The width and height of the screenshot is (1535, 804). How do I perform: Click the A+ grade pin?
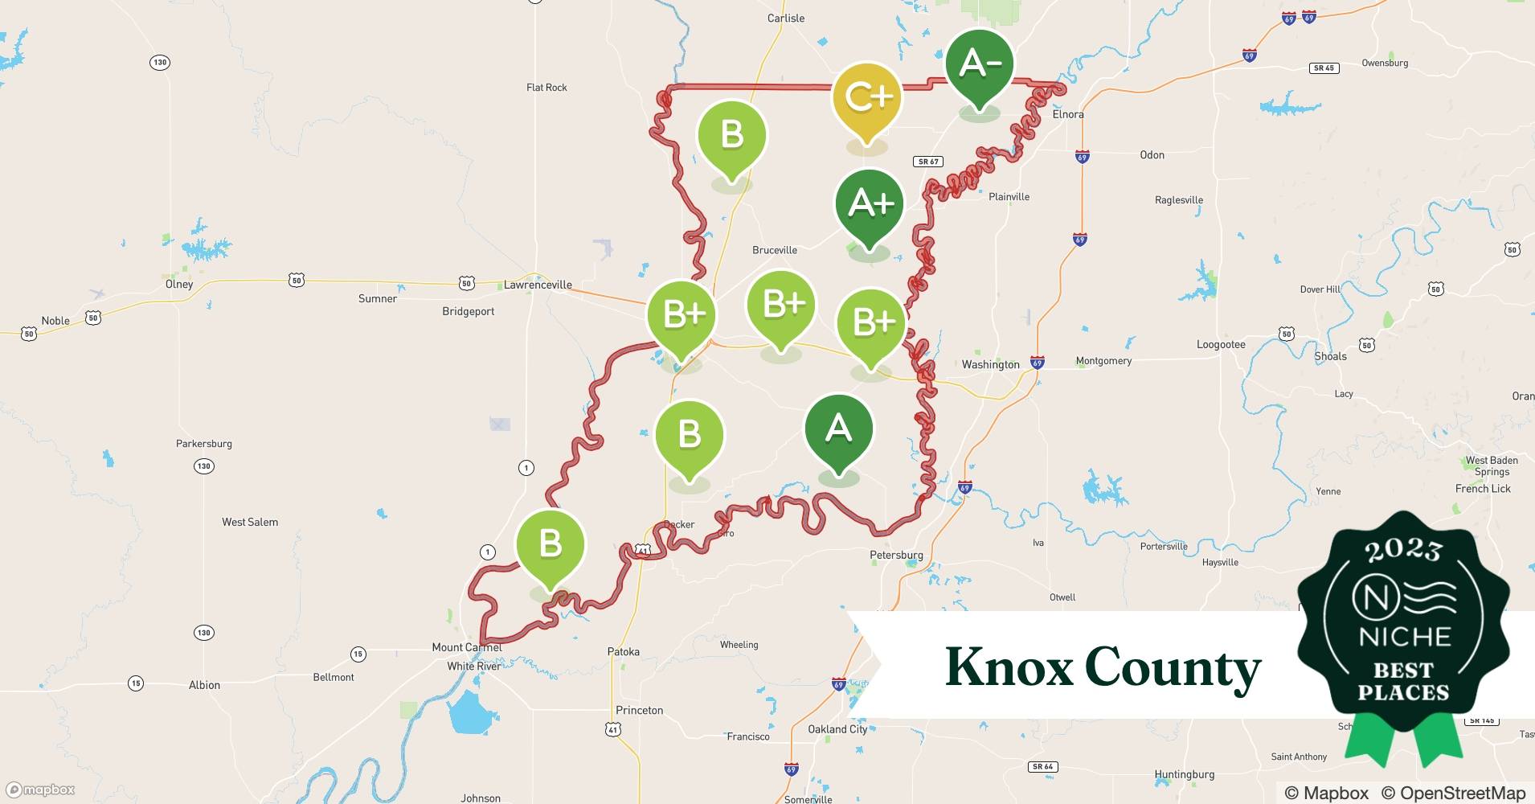coord(870,206)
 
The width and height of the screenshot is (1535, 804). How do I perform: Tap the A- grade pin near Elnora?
coord(979,65)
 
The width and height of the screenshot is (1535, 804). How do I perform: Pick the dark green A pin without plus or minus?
coord(838,431)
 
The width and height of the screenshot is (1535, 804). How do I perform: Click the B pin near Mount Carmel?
coord(550,546)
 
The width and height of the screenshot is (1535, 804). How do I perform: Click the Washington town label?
coord(990,364)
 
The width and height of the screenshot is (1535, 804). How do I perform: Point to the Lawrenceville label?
coord(538,285)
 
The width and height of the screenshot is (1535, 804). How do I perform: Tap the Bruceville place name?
coord(775,250)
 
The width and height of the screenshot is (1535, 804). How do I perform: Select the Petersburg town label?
coord(896,555)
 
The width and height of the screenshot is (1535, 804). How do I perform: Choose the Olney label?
coord(179,284)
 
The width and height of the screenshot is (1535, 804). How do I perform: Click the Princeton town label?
coord(639,710)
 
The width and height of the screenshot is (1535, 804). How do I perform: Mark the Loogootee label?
coord(1221,344)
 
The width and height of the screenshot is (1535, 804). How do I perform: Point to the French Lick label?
coord(1483,488)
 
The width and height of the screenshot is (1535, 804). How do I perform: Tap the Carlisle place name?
coord(785,18)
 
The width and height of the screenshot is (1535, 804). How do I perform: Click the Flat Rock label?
coord(546,87)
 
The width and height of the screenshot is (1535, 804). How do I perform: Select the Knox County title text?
coord(1103,667)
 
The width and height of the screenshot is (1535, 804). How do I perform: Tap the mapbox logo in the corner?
coord(41,790)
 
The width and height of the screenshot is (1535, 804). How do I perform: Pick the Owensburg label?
coord(1385,63)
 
